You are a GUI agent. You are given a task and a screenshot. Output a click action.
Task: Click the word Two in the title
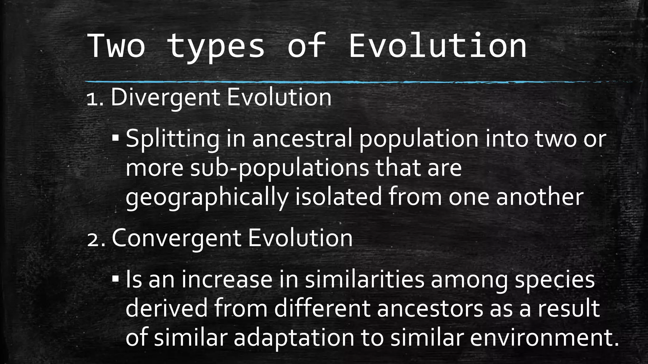click(116, 46)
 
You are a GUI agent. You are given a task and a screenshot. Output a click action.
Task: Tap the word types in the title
click(216, 47)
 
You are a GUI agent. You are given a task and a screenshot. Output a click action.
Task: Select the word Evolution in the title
click(438, 46)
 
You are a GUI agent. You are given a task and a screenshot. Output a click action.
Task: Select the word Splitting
click(172, 139)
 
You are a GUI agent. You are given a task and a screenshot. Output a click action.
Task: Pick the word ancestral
click(302, 139)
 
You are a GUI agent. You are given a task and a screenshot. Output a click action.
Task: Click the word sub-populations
click(279, 168)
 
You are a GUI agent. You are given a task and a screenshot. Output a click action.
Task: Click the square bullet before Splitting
click(115, 138)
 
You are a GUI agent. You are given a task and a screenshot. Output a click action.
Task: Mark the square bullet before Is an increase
click(115, 279)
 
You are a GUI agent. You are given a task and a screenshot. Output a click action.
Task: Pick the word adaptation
click(294, 337)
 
